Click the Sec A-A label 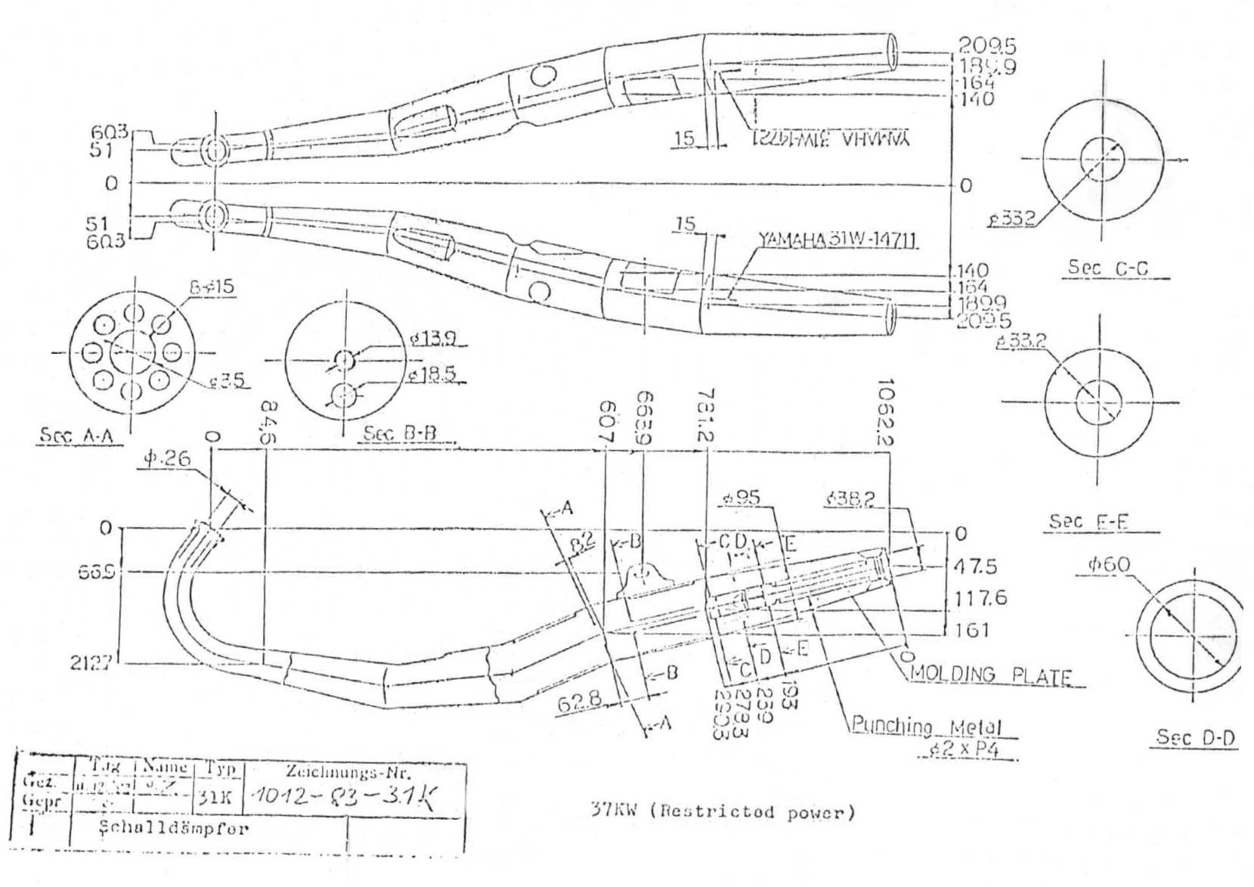pos(81,436)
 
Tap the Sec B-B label pos(400,433)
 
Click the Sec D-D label pos(1196,737)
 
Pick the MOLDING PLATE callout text pos(991,675)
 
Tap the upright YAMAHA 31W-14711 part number pos(838,240)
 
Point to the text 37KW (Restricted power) pos(723,812)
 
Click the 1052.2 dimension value pos(887,412)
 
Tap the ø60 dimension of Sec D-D pos(1109,564)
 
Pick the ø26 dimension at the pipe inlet pos(168,458)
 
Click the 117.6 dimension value pos(981,598)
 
